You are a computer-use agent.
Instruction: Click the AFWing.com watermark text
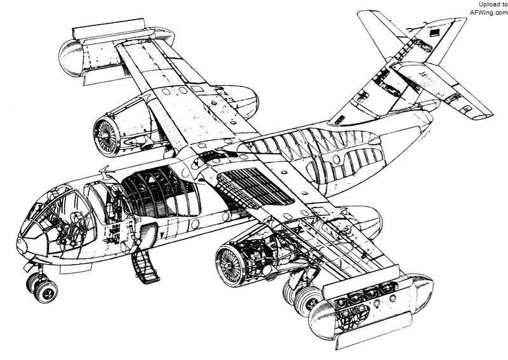[489, 13]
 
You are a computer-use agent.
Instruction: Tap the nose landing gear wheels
[43, 288]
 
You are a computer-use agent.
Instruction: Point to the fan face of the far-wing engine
[105, 137]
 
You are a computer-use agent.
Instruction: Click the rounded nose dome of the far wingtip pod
[70, 58]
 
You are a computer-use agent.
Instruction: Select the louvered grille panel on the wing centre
[256, 188]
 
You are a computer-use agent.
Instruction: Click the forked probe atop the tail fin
[417, 28]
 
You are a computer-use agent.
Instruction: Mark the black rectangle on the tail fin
[434, 33]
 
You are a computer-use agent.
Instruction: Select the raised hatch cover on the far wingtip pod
[109, 29]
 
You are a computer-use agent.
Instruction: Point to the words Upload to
[493, 4]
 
